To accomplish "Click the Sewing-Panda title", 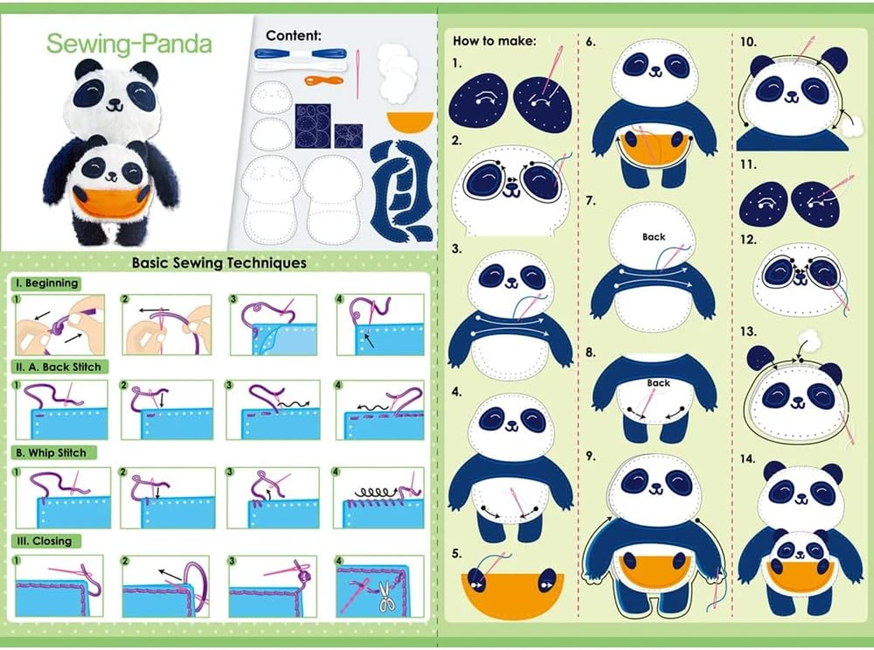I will coord(128,43).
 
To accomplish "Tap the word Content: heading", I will coord(293,36).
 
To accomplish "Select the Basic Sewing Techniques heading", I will coord(219,262).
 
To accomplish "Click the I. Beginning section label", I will coord(46,284).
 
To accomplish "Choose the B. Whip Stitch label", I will coord(51,453).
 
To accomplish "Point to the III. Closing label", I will coord(44,541).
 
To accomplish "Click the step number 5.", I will coord(456,554).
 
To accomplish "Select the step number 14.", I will coord(747,459).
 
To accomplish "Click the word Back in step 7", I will coord(654,237).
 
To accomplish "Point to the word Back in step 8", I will coord(659,383).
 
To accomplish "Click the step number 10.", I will coord(748,41).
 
